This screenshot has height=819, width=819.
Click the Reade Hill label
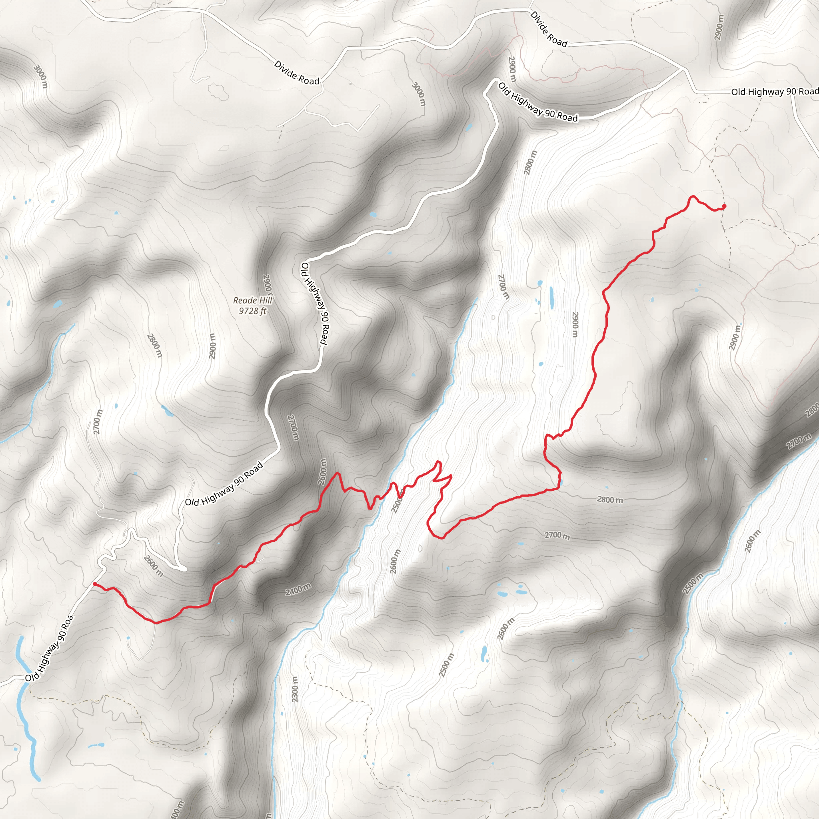coord(253,300)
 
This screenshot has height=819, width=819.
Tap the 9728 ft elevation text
coord(253,311)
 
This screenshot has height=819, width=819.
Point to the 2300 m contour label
coord(296,689)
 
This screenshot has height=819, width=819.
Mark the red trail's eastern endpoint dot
coord(724,206)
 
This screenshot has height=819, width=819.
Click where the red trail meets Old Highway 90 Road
coord(94,584)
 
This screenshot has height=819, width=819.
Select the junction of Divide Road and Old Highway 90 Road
coord(683,68)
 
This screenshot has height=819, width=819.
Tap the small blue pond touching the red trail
coord(561,482)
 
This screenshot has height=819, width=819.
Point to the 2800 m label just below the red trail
coord(610,500)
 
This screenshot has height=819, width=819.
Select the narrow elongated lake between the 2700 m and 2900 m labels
coord(551,298)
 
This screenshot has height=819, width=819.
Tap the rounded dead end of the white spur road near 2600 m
coord(184,569)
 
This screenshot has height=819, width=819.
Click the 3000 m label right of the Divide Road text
coord(418,94)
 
